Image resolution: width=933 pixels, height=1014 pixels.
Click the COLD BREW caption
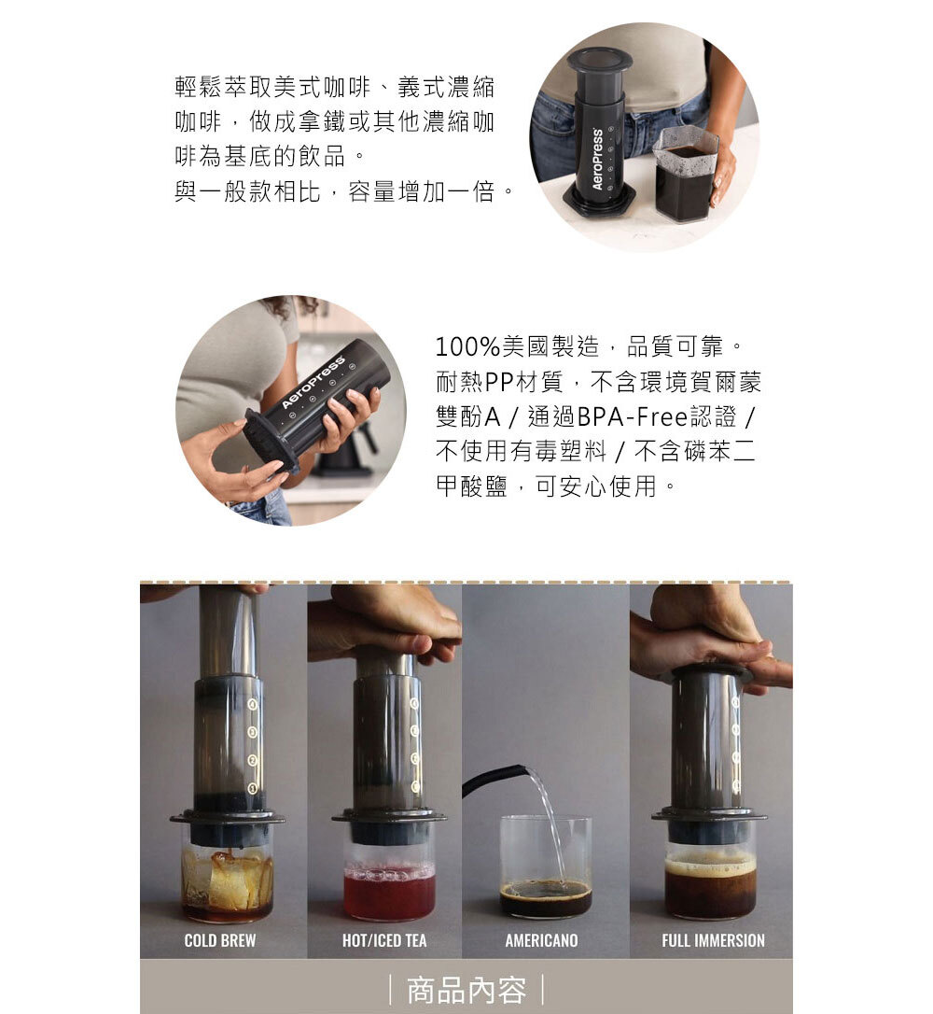pyautogui.click(x=219, y=940)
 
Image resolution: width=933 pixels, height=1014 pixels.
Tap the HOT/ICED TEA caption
pyautogui.click(x=384, y=940)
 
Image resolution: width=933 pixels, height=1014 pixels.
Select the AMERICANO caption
pyautogui.click(x=541, y=940)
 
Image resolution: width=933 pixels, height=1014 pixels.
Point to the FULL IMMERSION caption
pyautogui.click(x=713, y=940)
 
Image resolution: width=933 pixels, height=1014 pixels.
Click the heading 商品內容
pyautogui.click(x=466, y=991)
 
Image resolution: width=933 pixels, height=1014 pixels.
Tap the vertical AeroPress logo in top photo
pyautogui.click(x=597, y=159)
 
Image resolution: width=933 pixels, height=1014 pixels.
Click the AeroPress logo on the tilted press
pyautogui.click(x=313, y=382)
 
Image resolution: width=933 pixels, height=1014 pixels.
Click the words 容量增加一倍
pyautogui.click(x=422, y=191)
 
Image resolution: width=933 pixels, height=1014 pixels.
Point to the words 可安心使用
pyautogui.click(x=596, y=486)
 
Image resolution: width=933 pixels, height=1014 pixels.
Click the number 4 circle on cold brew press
pyautogui.click(x=253, y=704)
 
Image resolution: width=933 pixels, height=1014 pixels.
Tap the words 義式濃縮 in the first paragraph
pyautogui.click(x=447, y=87)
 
